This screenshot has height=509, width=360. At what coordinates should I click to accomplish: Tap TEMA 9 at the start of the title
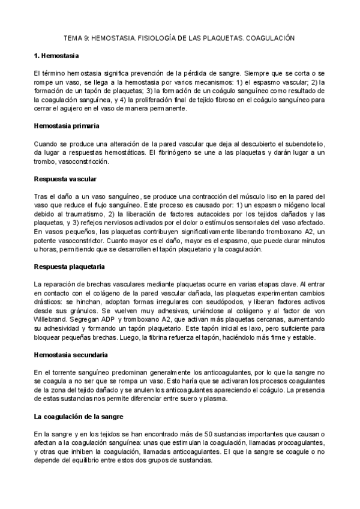pos(77,37)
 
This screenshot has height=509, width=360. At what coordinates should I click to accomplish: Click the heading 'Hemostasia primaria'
pos(66,126)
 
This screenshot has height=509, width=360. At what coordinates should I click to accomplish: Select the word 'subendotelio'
pos(304,144)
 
